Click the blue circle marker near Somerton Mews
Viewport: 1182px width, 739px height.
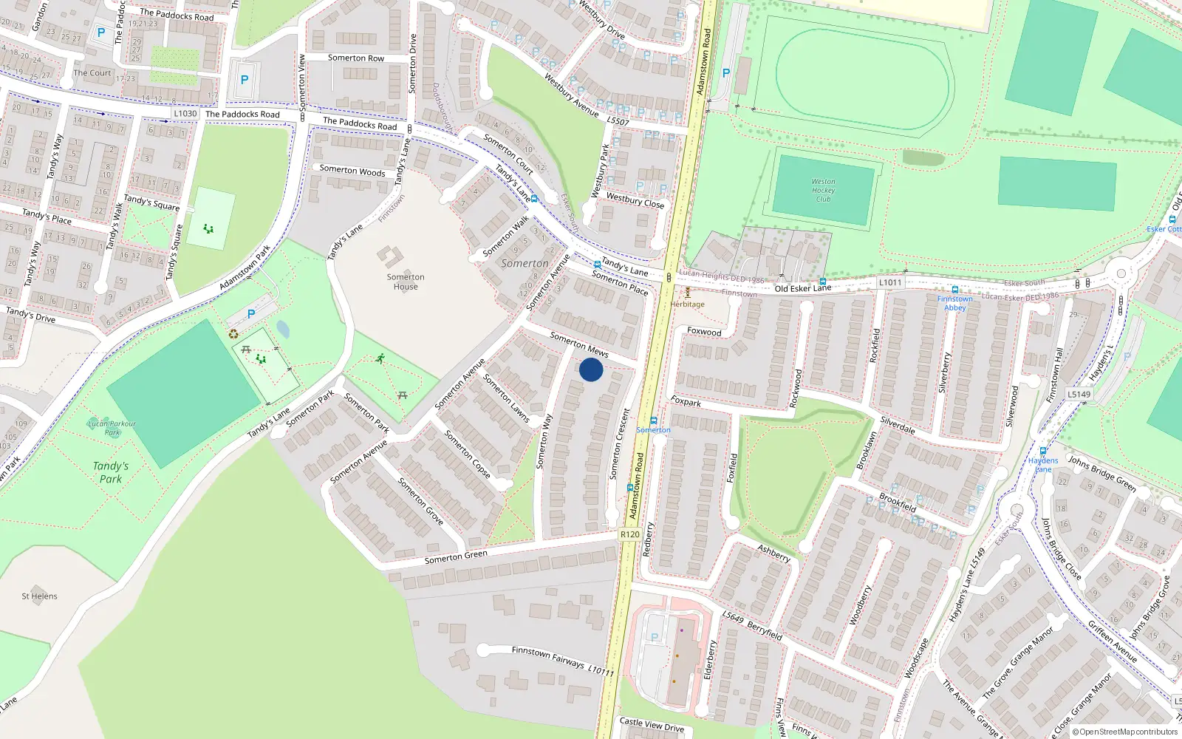(591, 369)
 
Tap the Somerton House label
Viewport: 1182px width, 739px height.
(406, 282)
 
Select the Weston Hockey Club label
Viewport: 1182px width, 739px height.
(823, 190)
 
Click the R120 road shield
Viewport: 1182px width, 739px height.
(630, 534)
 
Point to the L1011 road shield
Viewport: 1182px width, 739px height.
(890, 282)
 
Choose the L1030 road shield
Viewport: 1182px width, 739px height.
(185, 113)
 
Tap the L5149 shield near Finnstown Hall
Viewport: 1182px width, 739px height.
(1079, 394)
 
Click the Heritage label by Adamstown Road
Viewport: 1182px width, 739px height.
(688, 304)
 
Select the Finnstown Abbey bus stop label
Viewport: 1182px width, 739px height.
(954, 303)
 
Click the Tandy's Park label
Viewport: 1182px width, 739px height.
(111, 472)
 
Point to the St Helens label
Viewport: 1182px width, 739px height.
(39, 596)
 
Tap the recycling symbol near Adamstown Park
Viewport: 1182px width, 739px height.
(233, 334)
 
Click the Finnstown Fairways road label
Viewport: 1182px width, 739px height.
(548, 655)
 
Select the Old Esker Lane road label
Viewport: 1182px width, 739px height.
(802, 288)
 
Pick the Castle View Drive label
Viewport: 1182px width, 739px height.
(652, 724)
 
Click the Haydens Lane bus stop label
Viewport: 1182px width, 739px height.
(1043, 464)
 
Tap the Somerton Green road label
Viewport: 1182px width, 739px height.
(456, 557)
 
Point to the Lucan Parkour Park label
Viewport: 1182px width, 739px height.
(112, 428)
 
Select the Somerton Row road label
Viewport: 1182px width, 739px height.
(355, 58)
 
